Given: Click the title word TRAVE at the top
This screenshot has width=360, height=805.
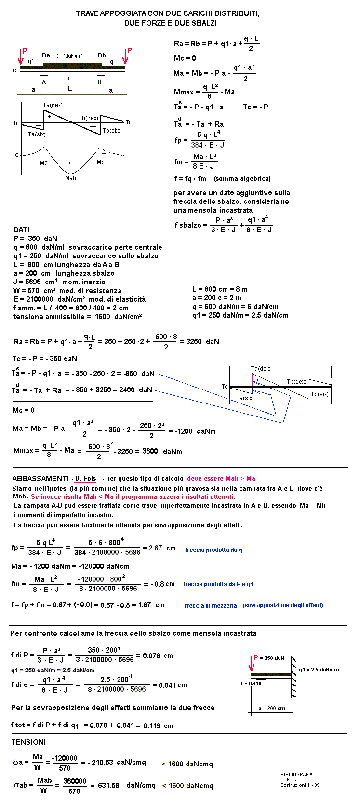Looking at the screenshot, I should click(x=87, y=13).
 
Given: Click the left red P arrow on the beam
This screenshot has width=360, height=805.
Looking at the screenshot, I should click(x=21, y=57).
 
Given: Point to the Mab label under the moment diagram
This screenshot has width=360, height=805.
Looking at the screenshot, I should click(x=70, y=178).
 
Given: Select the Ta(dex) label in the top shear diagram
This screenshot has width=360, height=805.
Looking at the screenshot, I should click(x=53, y=105).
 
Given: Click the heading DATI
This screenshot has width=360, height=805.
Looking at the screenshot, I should click(x=22, y=230).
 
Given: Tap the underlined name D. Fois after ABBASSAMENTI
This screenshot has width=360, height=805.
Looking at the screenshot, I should click(x=85, y=479).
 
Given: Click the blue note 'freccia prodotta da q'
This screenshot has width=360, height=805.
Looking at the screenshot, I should click(x=213, y=550).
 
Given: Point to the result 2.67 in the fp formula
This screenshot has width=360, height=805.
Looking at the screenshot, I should click(x=155, y=548).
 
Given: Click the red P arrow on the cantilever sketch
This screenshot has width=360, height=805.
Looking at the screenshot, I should click(x=252, y=664).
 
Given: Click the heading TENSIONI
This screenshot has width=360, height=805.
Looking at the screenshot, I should click(x=28, y=742).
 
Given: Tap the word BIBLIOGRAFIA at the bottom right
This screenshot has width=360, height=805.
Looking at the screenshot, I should click(x=296, y=775).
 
